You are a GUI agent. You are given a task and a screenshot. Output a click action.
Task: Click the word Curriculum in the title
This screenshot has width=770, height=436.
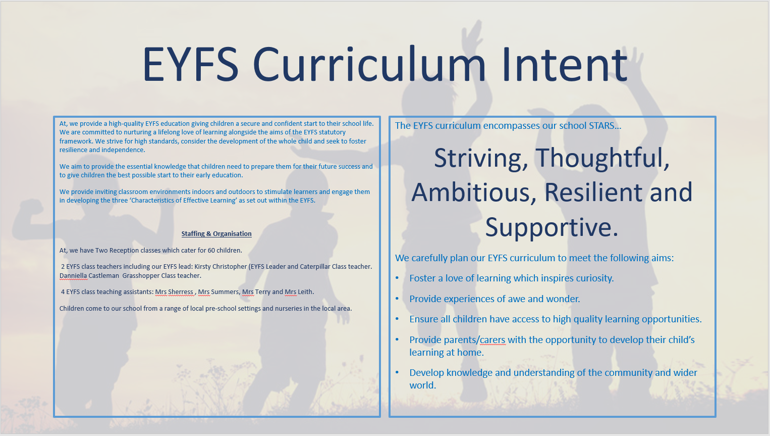[x=369, y=65]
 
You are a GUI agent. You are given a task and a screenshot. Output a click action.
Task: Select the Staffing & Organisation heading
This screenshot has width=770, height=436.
[x=216, y=233]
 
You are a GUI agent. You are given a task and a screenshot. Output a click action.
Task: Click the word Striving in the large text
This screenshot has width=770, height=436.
[x=481, y=159]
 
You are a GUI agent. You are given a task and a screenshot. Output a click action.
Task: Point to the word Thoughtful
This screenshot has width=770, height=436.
[x=602, y=158]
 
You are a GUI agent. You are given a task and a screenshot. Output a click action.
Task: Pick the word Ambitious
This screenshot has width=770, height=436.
[x=474, y=192]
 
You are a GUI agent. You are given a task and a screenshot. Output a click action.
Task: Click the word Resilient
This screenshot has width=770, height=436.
[x=593, y=192]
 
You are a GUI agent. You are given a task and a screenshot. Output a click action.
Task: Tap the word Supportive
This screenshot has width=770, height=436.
[x=552, y=228]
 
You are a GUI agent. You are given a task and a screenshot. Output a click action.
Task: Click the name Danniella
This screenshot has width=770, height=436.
[x=73, y=276]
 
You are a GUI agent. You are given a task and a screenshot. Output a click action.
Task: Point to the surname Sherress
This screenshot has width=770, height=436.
[x=181, y=292]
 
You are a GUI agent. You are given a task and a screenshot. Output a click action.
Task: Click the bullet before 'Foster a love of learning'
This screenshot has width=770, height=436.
[x=397, y=278]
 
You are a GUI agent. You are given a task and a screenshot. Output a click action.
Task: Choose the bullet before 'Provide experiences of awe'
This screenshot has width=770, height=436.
[x=397, y=299]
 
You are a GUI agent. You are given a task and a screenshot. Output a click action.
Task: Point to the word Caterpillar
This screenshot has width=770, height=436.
[x=316, y=267]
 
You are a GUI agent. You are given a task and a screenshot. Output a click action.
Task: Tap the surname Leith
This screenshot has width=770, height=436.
[x=306, y=292]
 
